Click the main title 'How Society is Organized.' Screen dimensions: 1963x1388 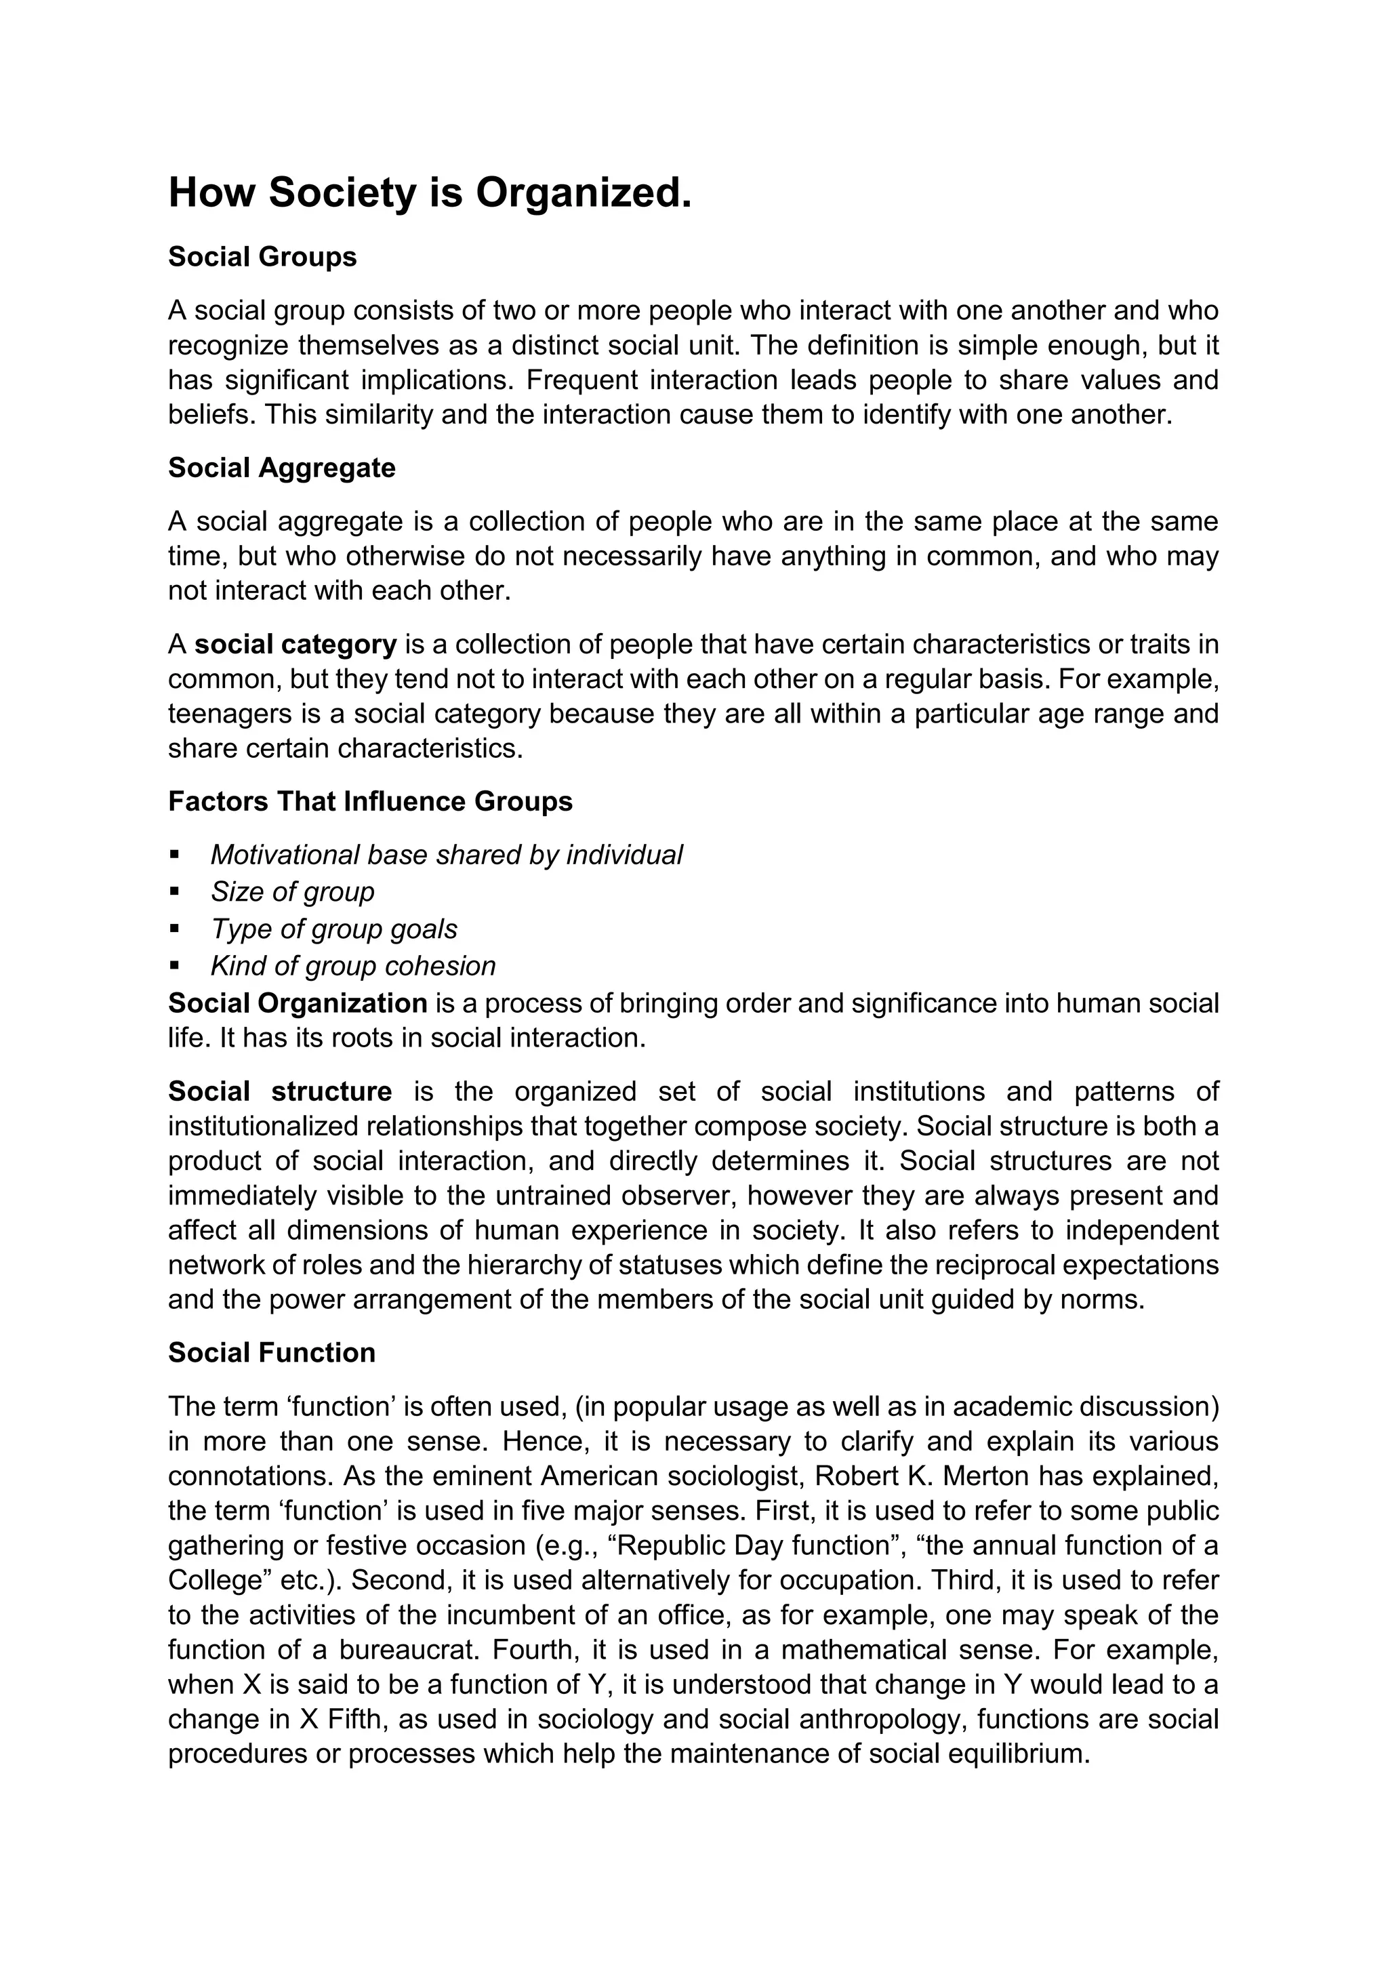point(429,193)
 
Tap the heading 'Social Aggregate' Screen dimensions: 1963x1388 point(281,468)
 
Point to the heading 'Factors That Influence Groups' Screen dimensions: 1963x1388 point(370,801)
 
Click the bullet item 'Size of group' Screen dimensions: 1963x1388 point(292,892)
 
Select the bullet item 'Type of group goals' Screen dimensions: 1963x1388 point(334,929)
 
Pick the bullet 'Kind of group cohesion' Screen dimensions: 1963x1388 point(353,965)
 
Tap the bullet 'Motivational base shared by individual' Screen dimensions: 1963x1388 point(446,854)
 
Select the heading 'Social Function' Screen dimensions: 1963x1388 point(272,1352)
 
